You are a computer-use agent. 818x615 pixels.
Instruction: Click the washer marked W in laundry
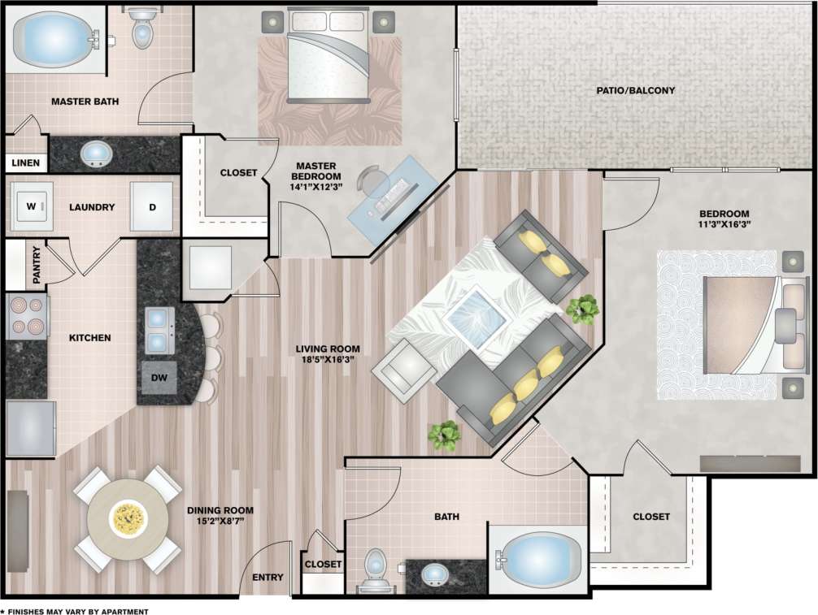pyautogui.click(x=32, y=207)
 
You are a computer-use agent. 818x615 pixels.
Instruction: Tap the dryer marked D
pyautogui.click(x=151, y=207)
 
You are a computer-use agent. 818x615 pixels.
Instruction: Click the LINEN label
pyautogui.click(x=26, y=163)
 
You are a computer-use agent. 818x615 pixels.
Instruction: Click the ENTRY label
pyautogui.click(x=268, y=578)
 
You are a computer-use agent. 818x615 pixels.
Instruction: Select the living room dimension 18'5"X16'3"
pyautogui.click(x=328, y=359)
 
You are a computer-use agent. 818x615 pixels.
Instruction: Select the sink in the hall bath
pyautogui.click(x=435, y=576)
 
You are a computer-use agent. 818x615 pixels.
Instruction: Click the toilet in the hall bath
pyautogui.click(x=375, y=569)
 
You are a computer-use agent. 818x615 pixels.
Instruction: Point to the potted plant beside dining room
pyautogui.click(x=445, y=435)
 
